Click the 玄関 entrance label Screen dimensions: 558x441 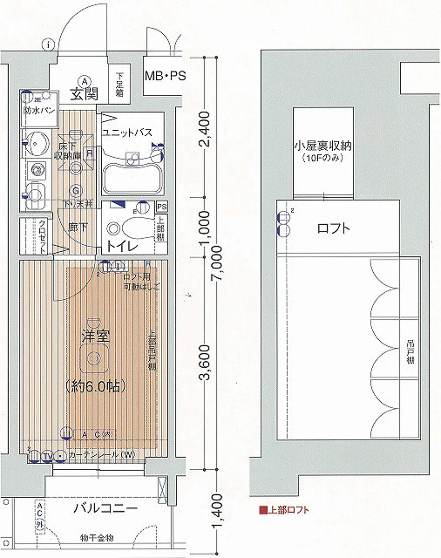pos(84,94)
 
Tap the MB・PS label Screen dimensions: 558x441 pos(165,76)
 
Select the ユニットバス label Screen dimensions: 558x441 pos(127,133)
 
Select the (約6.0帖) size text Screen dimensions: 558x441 pos(96,385)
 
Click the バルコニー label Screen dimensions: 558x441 pos(105,508)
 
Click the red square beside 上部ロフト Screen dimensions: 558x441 pos(263,510)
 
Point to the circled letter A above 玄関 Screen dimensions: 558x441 pos(84,80)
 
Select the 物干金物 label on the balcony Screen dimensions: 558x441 pos(97,538)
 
